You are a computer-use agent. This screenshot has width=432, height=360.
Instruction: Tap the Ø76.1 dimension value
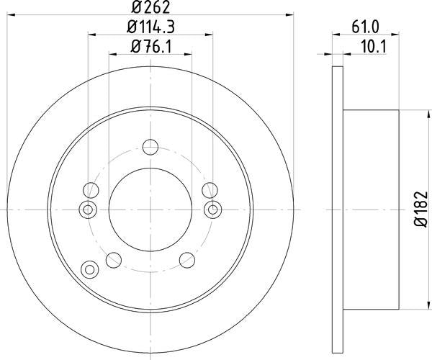point(150,50)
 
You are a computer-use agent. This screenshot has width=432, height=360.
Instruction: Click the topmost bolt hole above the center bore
point(150,148)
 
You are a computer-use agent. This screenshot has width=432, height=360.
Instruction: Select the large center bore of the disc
point(150,209)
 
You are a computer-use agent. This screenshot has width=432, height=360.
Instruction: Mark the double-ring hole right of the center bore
point(212,209)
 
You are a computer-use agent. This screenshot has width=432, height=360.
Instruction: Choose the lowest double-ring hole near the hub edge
point(90,269)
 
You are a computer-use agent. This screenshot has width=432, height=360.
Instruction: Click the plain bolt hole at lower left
point(114,259)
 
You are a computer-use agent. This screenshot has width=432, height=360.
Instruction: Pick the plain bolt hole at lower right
point(187,259)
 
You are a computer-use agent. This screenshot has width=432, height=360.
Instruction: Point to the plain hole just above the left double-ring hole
point(91,190)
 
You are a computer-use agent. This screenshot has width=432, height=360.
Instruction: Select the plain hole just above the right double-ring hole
point(210,190)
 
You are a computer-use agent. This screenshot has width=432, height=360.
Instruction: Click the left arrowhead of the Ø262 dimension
point(11,12)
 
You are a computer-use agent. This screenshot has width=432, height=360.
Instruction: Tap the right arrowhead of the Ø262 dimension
point(290,12)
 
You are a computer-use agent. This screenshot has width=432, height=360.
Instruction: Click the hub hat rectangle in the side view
point(372,209)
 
